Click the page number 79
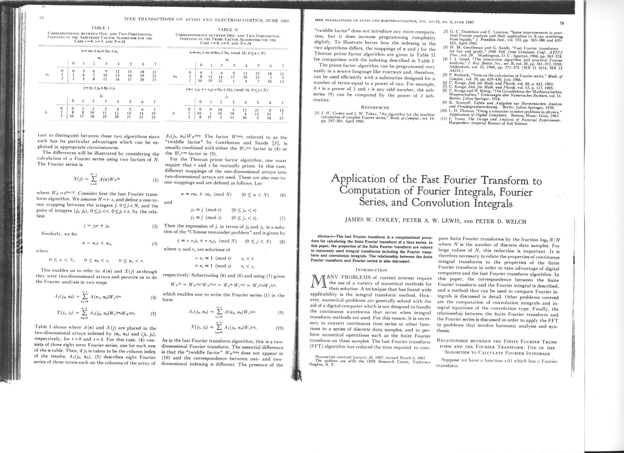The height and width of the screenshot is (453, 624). (x=562, y=23)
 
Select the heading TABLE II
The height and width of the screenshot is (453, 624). (x=228, y=30)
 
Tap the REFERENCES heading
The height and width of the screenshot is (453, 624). (x=375, y=108)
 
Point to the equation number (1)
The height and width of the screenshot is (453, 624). (x=156, y=181)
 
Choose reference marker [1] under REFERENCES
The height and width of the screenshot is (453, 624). (x=317, y=113)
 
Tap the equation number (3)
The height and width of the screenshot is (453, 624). (x=155, y=244)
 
